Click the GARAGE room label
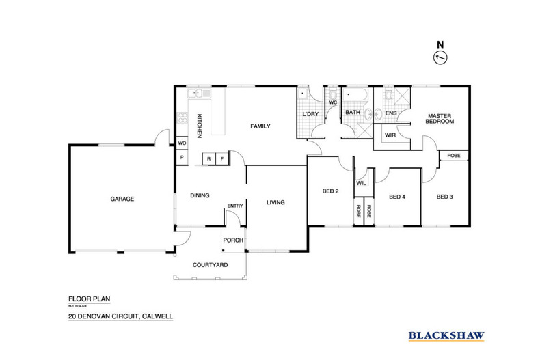122,199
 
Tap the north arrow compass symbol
441,57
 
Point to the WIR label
391,135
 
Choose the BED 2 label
331,191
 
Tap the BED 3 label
445,197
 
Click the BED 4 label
397,197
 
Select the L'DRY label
310,114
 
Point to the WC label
333,102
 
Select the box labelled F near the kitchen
222,159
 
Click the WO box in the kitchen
182,143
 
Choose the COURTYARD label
210,264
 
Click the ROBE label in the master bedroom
454,156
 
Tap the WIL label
361,182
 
